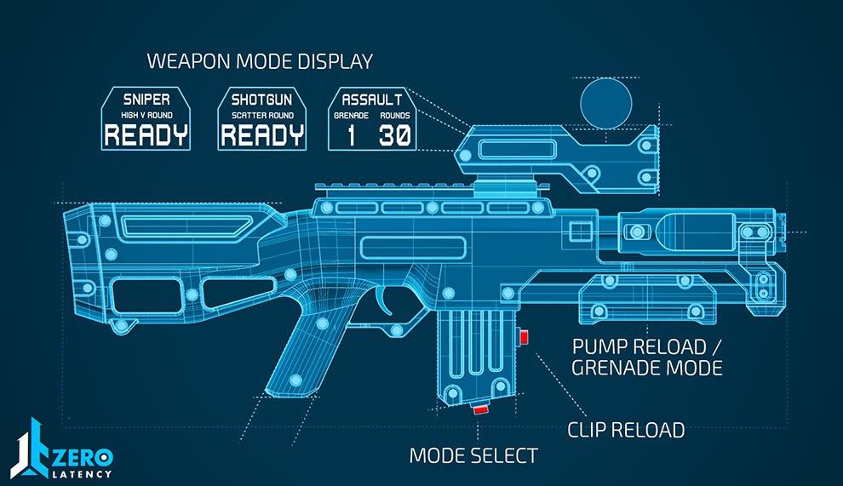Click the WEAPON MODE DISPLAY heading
coord(260,61)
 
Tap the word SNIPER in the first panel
coord(146,99)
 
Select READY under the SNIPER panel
coord(146,134)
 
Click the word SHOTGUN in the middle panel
coord(262,99)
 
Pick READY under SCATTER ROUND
coord(262,134)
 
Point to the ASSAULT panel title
coord(372,99)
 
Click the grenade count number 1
coord(351,135)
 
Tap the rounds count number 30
coord(394,135)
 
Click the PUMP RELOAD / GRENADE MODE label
coord(647,357)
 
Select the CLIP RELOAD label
coord(626,430)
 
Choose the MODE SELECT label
coord(473,455)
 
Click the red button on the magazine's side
coord(525,338)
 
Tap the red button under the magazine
coord(481,410)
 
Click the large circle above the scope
coord(606,104)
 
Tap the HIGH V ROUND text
coord(146,116)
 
